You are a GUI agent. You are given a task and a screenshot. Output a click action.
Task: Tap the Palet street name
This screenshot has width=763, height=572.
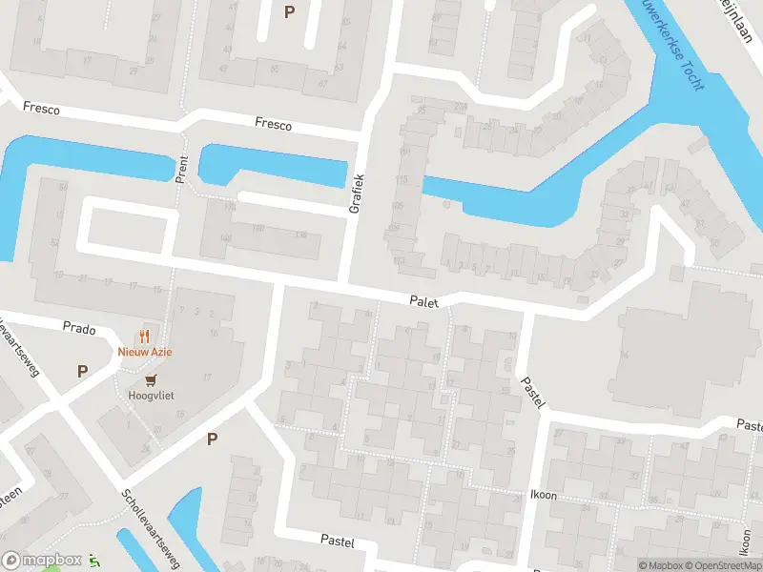tap(423, 300)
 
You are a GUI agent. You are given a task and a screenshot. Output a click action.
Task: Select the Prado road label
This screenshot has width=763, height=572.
tap(79, 328)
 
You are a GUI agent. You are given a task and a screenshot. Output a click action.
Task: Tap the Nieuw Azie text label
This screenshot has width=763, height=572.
tap(144, 351)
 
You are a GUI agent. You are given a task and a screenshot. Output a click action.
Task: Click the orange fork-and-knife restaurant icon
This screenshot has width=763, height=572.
tap(145, 336)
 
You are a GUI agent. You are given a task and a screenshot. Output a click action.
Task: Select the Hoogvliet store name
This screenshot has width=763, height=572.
tap(159, 395)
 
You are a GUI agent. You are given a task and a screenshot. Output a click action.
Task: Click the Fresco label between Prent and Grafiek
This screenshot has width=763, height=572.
tap(273, 123)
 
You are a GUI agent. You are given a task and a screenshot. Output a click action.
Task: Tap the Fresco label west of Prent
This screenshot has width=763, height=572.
tap(41, 110)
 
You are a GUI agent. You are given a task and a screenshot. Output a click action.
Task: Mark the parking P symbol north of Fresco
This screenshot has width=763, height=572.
tap(290, 11)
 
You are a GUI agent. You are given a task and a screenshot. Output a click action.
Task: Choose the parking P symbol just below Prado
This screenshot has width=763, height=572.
tap(82, 371)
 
